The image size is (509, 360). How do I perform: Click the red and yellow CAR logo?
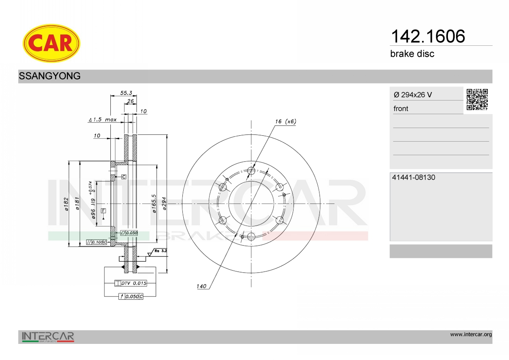(x=51, y=43)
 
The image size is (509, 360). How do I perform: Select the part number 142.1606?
(x=428, y=36)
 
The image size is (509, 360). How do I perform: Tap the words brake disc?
(x=412, y=54)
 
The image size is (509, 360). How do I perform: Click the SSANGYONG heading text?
(x=50, y=76)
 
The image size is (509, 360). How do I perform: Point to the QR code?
(x=477, y=100)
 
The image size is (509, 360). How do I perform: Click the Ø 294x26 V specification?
(x=413, y=95)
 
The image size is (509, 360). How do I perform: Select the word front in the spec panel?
(x=401, y=109)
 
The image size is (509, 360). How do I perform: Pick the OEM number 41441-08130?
(x=414, y=177)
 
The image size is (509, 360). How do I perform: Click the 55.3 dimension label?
(x=126, y=93)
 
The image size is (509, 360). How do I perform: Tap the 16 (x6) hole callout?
(x=285, y=122)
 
